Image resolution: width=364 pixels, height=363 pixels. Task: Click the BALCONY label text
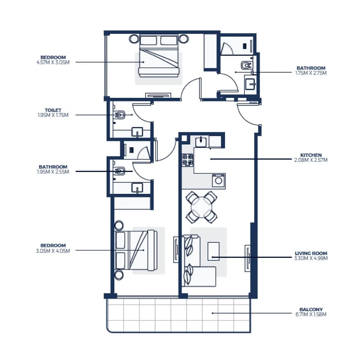pos(311,310)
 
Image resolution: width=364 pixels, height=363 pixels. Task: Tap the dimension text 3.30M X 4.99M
pos(311,258)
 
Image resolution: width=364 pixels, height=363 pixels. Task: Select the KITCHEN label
pos(311,155)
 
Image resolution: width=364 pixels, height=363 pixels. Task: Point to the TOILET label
pos(53,110)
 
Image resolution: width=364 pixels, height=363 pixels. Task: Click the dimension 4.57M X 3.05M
pos(53,63)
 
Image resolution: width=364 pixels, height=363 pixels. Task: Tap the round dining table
pos(202,207)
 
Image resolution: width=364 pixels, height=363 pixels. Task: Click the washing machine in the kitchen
pos(219,181)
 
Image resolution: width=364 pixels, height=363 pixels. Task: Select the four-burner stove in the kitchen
pos(187,160)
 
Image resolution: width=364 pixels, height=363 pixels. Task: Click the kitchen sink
pos(201,142)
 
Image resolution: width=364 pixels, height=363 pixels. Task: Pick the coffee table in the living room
pos(214,251)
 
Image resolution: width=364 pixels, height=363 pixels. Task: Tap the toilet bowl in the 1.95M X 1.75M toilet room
pos(120,115)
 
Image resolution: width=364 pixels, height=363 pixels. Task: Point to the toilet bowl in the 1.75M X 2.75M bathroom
pos(246,65)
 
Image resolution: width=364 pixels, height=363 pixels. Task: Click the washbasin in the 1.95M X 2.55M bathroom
pos(137,188)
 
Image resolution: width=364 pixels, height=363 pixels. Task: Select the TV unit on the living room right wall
pos(248,258)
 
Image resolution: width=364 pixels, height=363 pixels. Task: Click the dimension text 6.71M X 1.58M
pos(311,315)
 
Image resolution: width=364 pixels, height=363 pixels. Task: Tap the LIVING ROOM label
pos(311,253)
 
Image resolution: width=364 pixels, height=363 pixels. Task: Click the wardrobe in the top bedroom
pos(210,52)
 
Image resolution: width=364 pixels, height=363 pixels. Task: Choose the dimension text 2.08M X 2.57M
pos(311,160)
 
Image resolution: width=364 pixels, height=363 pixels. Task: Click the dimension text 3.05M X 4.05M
pos(53,251)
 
